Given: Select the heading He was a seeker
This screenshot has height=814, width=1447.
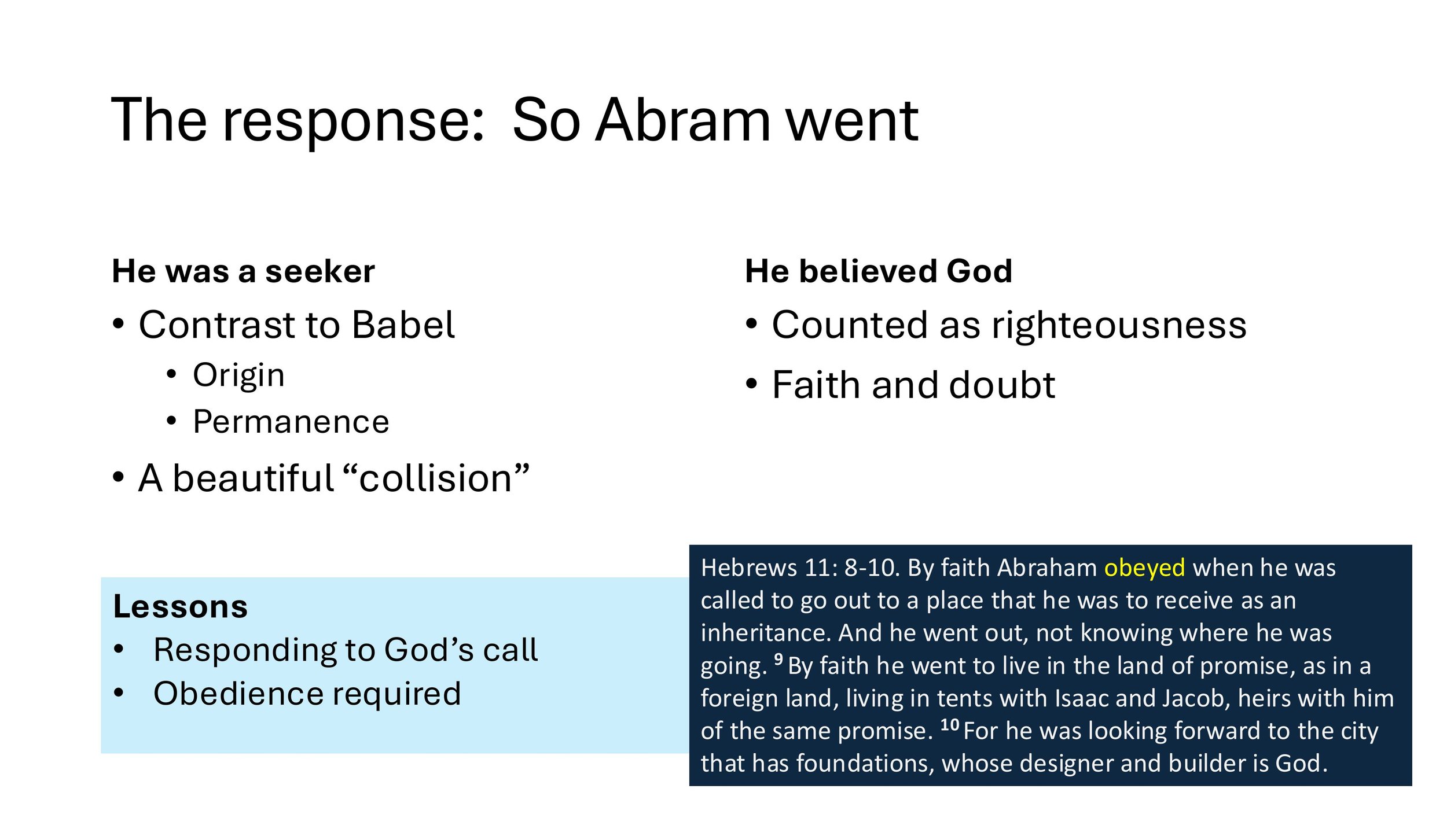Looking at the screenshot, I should (243, 271).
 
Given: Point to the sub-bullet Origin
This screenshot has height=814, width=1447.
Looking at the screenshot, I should (238, 375).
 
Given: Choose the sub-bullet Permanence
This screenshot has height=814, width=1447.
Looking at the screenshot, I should (291, 421).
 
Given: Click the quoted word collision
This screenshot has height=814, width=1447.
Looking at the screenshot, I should (435, 478).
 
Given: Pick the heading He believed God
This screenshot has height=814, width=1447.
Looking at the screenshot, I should (878, 271).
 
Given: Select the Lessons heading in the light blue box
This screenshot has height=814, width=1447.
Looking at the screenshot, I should (180, 606).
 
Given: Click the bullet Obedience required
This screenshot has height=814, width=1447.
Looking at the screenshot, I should (307, 694).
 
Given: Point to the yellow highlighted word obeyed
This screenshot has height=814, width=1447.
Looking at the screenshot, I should (1144, 568).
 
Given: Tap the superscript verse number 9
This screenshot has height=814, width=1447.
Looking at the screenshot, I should (778, 659).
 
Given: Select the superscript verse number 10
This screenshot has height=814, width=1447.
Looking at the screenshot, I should (950, 724).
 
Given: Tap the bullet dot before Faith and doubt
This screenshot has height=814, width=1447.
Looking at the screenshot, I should (751, 384).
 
